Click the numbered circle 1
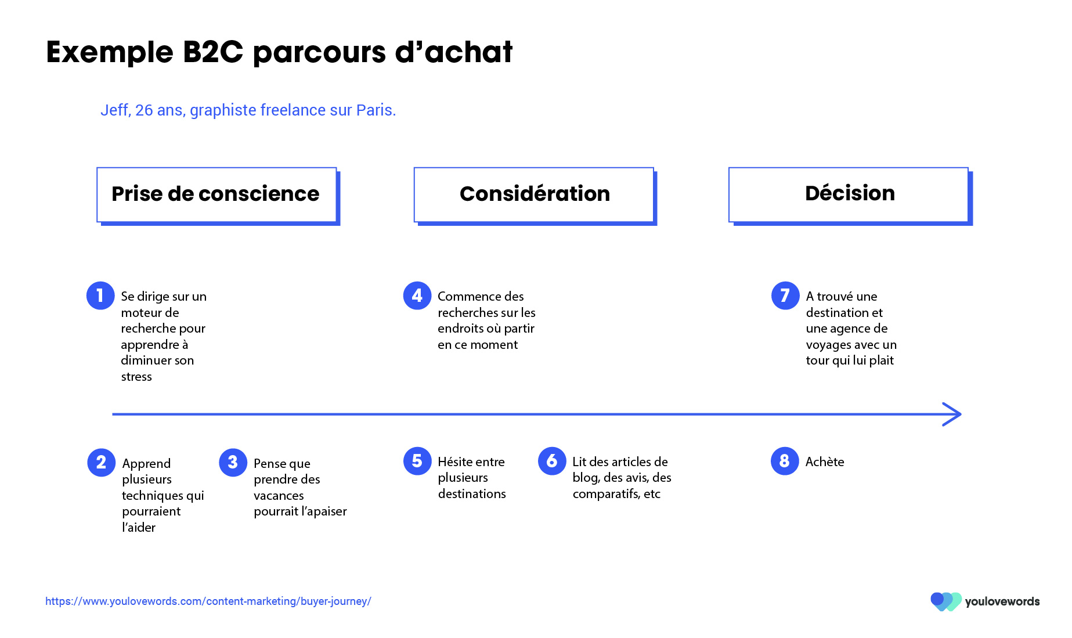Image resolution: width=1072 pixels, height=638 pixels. point(100,295)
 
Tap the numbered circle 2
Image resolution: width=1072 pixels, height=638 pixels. point(102,462)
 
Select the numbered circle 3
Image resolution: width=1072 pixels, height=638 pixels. point(233,462)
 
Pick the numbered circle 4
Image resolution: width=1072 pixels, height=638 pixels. point(417,295)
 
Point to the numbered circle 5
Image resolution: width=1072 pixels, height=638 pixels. point(417,461)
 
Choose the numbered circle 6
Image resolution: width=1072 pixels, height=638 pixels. point(552,461)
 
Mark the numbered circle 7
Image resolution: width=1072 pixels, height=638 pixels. point(785,295)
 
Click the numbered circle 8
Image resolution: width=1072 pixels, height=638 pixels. point(785,461)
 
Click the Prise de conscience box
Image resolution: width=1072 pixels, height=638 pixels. point(218,196)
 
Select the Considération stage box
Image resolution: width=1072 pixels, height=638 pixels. point(535,196)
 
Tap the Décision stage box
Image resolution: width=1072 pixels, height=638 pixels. point(850,196)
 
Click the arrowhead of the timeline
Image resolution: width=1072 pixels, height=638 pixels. point(953,414)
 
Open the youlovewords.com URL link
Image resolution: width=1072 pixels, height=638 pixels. point(208,601)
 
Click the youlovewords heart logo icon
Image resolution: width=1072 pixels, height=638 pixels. point(946,601)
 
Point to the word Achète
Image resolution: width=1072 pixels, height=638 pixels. point(825,462)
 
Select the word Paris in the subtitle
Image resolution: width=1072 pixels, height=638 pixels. point(376,110)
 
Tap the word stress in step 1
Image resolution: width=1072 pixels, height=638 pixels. point(136,377)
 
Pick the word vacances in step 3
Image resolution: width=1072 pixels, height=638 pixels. point(279,496)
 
